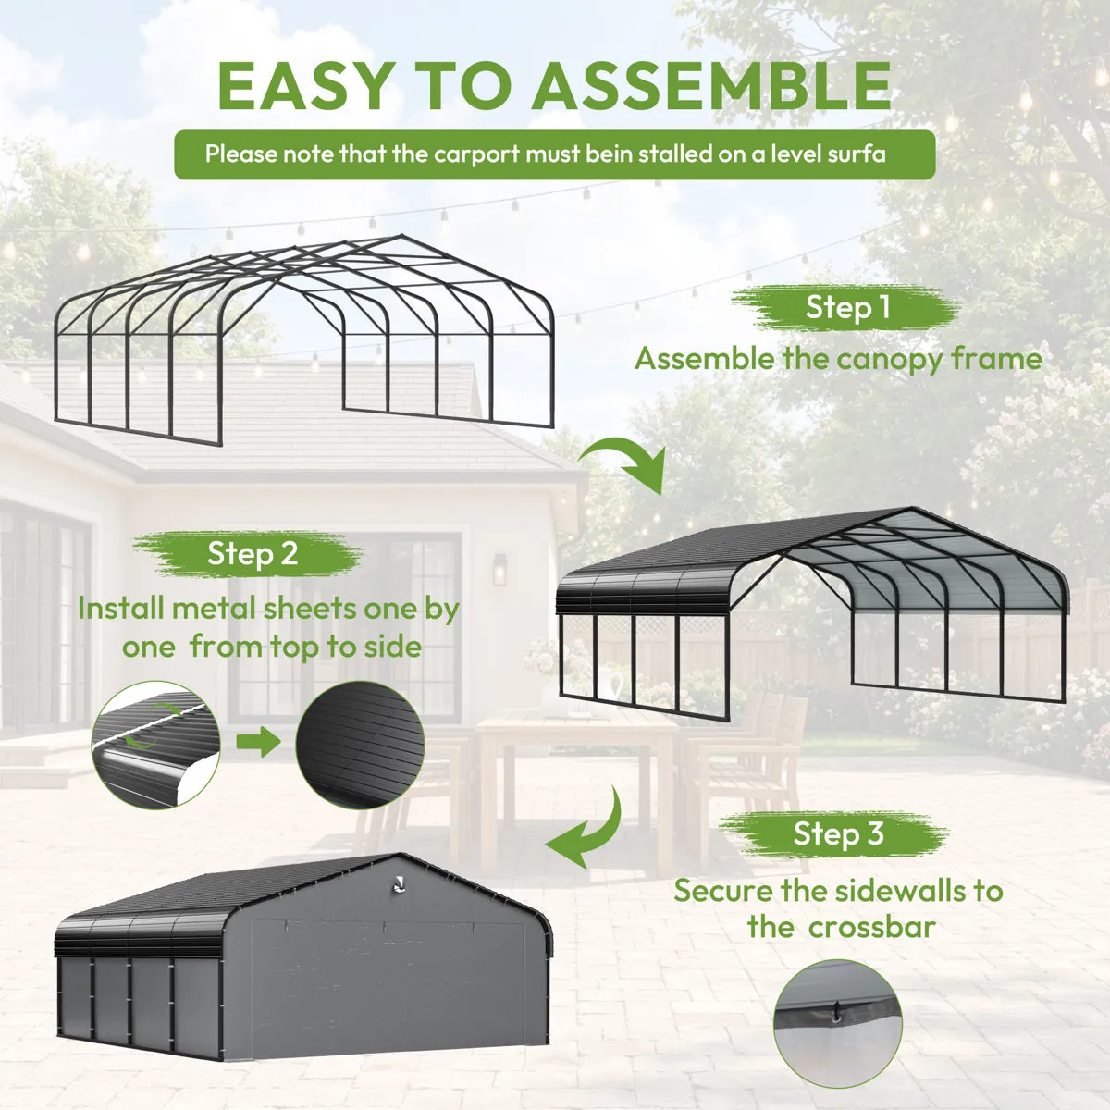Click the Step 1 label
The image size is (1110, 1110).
pos(848,307)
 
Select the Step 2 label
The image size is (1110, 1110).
pos(253,553)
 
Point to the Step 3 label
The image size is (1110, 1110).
pos(838,832)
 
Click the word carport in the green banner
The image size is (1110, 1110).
pos(477,154)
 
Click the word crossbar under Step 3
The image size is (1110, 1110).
pos(871,927)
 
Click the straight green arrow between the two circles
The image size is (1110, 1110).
pos(258,741)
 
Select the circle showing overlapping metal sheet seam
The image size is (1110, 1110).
pos(155,745)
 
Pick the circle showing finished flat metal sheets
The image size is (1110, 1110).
pos(360,745)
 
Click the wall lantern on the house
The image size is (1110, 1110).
pos(499,569)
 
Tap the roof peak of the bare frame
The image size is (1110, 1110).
pos(402,235)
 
